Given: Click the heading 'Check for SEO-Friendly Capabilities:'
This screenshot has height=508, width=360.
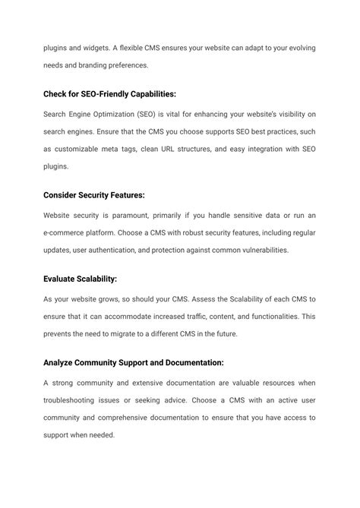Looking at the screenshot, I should point(109,93).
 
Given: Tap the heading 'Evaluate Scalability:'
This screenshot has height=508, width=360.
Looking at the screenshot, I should point(80,279).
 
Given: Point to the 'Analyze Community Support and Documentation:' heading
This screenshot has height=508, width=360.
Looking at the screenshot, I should point(133,363).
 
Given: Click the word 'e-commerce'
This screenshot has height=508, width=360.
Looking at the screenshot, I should point(66,232).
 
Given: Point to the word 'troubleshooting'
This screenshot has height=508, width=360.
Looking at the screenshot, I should point(74,400).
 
